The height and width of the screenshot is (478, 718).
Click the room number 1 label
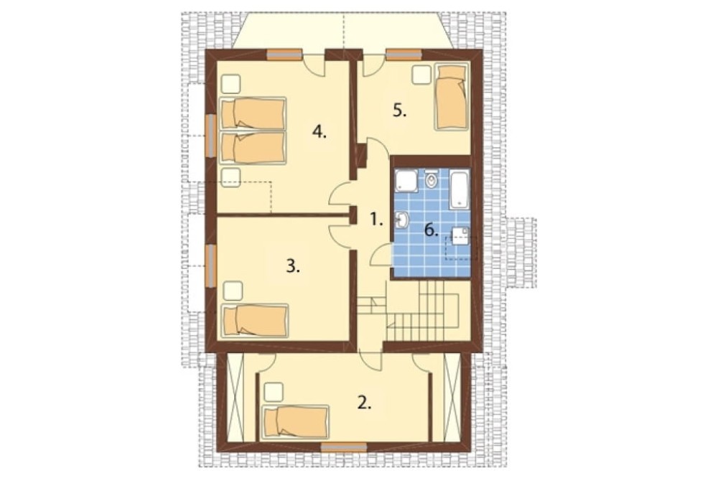coord(376,220)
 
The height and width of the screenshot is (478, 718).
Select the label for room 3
coord(293,266)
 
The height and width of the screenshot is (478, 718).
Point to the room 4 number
coord(320,132)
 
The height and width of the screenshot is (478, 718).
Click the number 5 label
coord(400,111)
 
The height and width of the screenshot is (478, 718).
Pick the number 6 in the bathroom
coord(431,230)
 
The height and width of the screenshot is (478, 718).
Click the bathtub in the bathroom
coord(459,189)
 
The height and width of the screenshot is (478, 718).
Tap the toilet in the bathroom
coord(430,180)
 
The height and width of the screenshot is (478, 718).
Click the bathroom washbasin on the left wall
coord(401,220)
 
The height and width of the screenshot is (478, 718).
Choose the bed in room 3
coord(256,321)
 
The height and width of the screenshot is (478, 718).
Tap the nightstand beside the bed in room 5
coord(421,75)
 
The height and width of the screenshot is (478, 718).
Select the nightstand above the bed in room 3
coord(233,291)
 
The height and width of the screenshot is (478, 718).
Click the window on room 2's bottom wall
coord(343,447)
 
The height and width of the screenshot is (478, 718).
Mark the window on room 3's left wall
coord(210,266)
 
